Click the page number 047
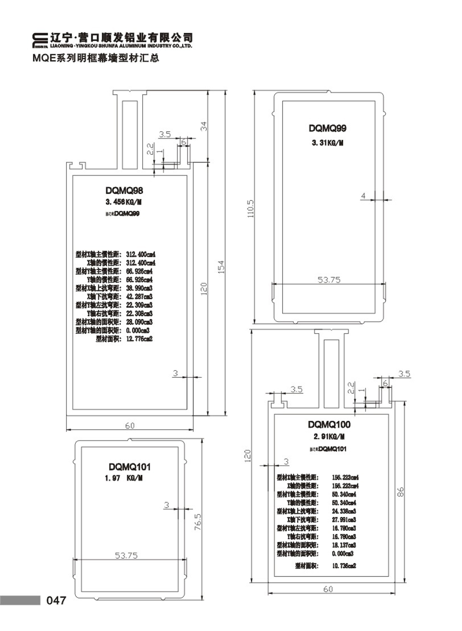(x=56, y=600)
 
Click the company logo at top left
(x=40, y=40)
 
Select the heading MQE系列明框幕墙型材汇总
(x=96, y=58)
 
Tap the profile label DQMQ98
(x=124, y=190)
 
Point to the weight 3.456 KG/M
(x=123, y=202)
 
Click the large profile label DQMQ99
(x=328, y=128)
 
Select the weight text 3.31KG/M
(x=327, y=143)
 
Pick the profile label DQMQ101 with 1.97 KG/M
(x=129, y=467)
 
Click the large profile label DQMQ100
(x=329, y=425)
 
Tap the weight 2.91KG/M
(x=329, y=437)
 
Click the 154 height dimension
(x=221, y=267)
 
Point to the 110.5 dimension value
(x=250, y=209)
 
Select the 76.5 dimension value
(x=198, y=522)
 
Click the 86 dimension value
(x=400, y=492)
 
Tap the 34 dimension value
(x=204, y=126)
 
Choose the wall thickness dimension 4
(x=363, y=196)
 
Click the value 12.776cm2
(x=139, y=339)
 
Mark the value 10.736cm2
(x=344, y=566)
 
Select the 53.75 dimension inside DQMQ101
(x=126, y=555)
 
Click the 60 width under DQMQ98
(x=130, y=425)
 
